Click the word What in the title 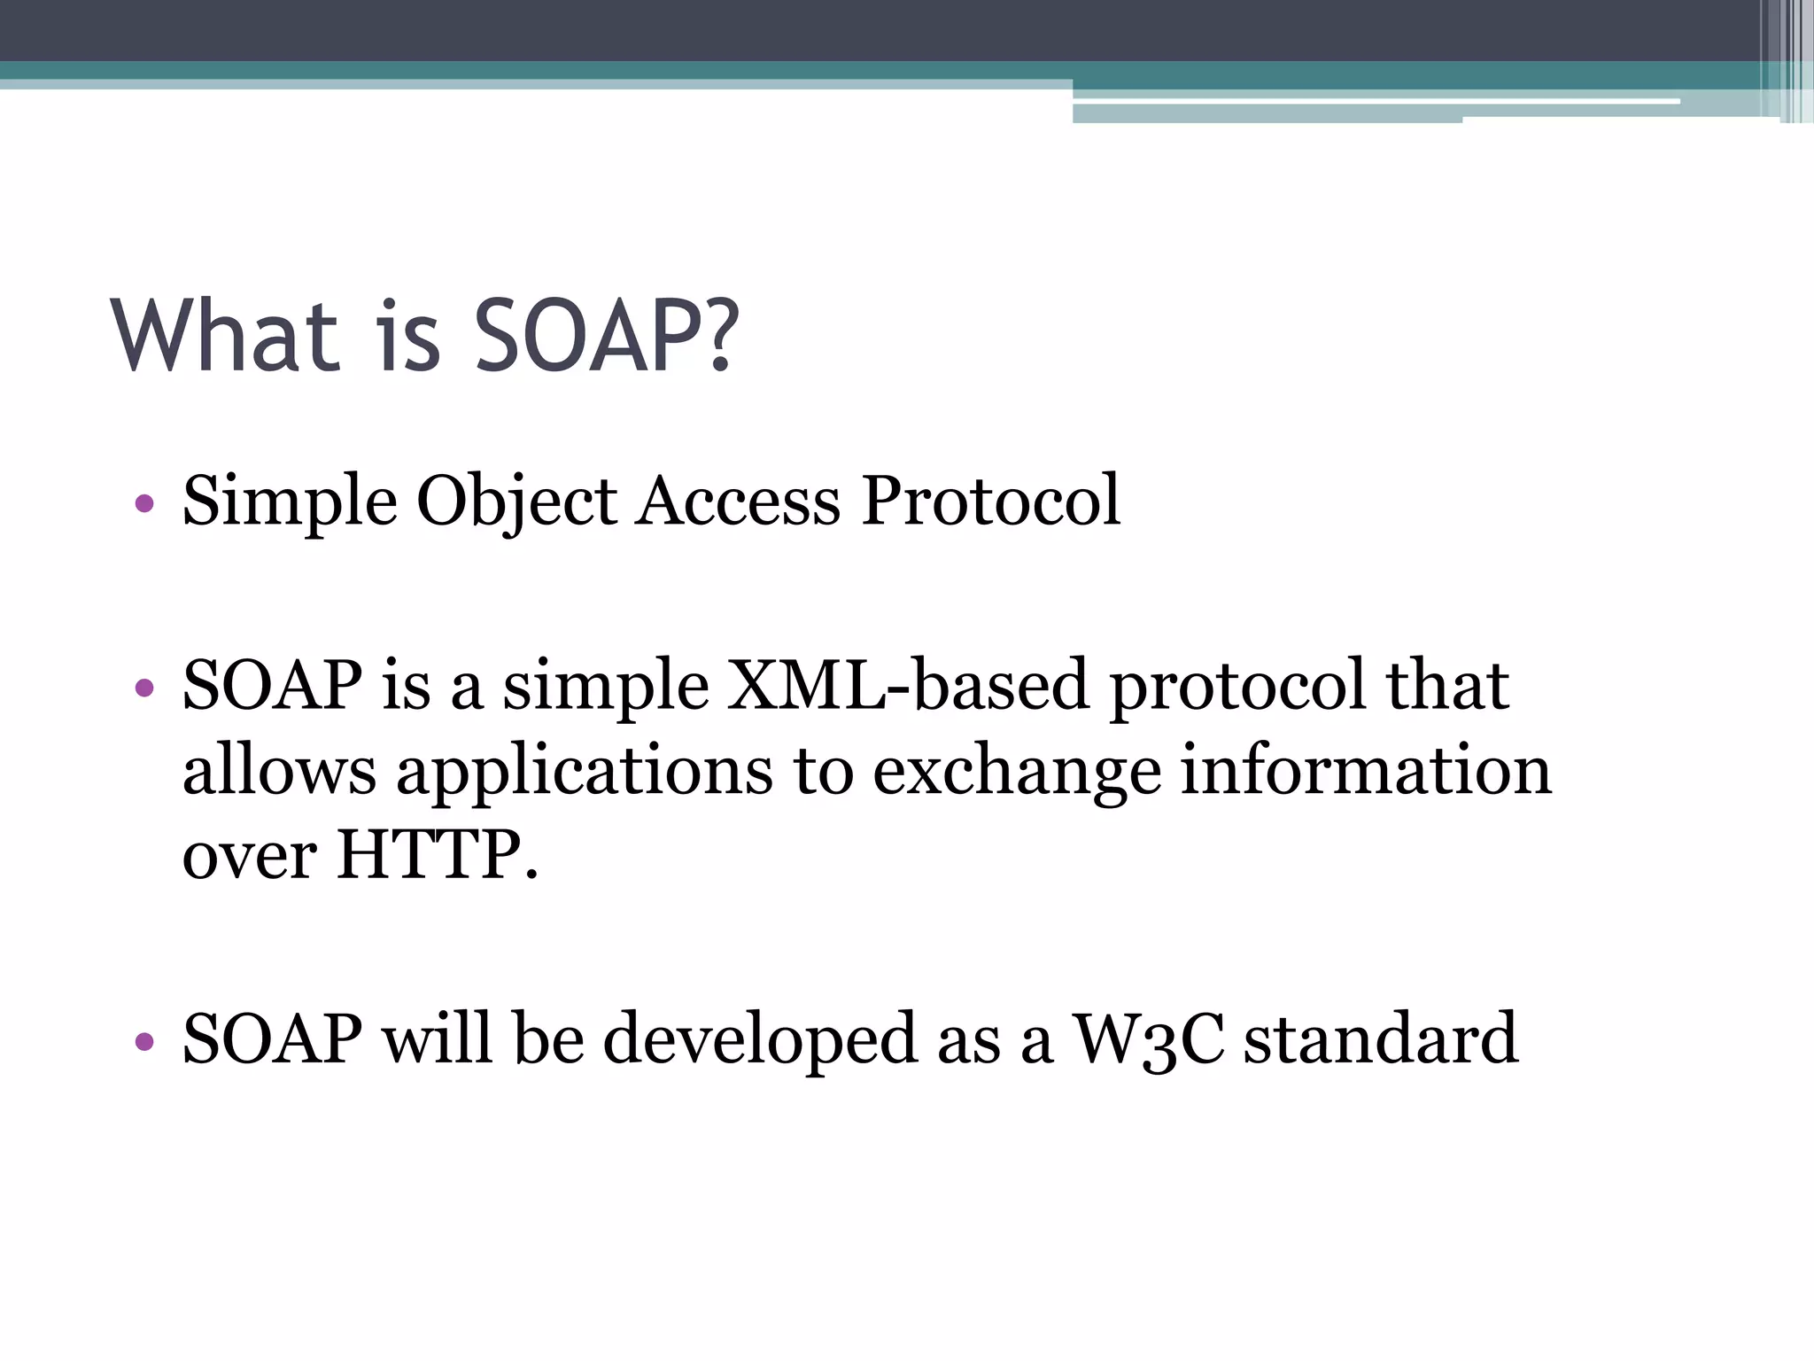tap(225, 337)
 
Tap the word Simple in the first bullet tap(289, 502)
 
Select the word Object tap(516, 502)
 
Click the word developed tap(760, 1040)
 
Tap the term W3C tap(1149, 1038)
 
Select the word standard tap(1381, 1038)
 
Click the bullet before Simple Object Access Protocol tap(145, 505)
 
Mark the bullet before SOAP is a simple tap(145, 688)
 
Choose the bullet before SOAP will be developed tap(145, 1041)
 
